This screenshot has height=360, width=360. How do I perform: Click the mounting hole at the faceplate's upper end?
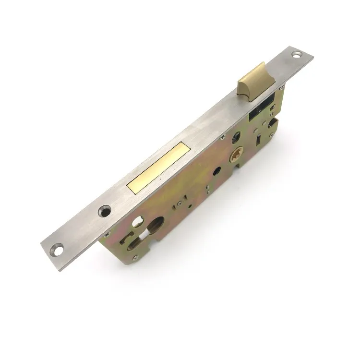click(x=296, y=54)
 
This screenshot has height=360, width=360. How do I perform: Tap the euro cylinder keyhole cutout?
click(x=154, y=226)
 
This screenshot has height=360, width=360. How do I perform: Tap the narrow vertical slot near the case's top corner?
click(x=259, y=139)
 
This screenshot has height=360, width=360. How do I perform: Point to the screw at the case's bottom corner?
click(x=136, y=258)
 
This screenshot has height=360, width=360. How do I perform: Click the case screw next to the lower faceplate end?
click(x=107, y=234)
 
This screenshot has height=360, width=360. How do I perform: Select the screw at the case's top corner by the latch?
click(x=281, y=88)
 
